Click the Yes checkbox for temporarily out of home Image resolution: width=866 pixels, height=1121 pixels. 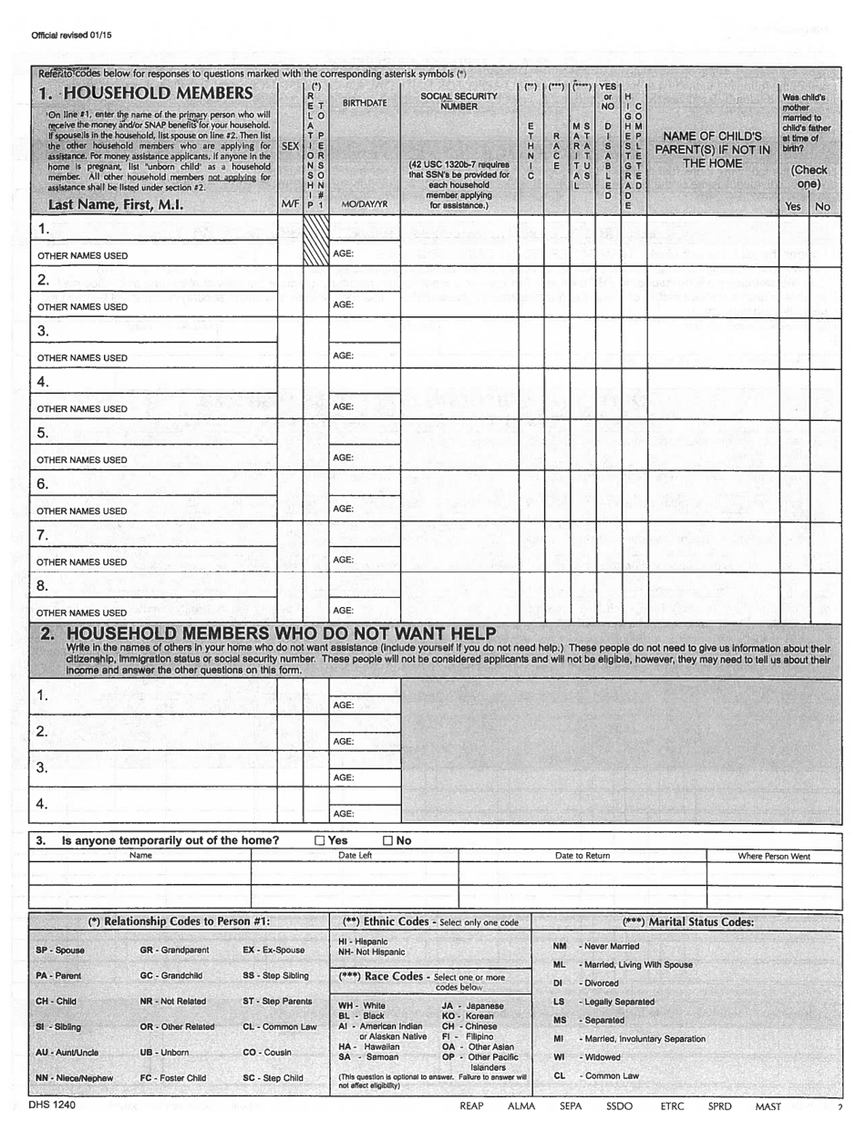pyautogui.click(x=319, y=840)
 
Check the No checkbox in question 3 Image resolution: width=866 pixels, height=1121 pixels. pyautogui.click(x=388, y=840)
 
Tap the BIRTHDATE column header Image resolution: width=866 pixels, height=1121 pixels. pyautogui.click(x=365, y=103)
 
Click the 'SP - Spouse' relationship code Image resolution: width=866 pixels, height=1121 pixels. pyautogui.click(x=60, y=950)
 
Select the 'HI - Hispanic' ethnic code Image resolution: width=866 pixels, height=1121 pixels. pyautogui.click(x=363, y=941)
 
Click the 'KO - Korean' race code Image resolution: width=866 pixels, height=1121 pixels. pyautogui.click(x=467, y=1015)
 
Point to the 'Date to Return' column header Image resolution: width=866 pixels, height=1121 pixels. pyautogui.click(x=582, y=856)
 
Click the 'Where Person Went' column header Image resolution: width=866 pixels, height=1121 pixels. pyautogui.click(x=774, y=856)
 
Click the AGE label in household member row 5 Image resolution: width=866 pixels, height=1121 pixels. pyautogui.click(x=343, y=457)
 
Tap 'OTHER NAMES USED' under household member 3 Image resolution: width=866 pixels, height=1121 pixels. pyautogui.click(x=82, y=358)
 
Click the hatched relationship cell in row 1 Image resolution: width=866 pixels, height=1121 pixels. pyautogui.click(x=314, y=241)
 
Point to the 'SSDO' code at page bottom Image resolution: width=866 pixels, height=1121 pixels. pyautogui.click(x=619, y=1106)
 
